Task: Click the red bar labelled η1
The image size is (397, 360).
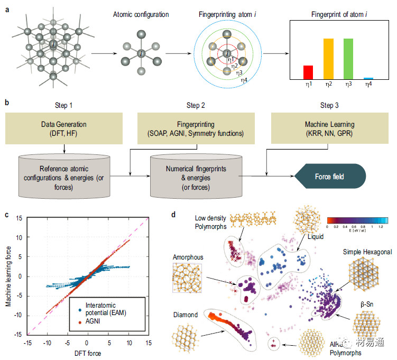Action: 308,72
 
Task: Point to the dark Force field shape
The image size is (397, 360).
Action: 331,176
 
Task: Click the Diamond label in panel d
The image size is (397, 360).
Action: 185,315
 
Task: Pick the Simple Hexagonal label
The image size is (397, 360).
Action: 366,252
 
